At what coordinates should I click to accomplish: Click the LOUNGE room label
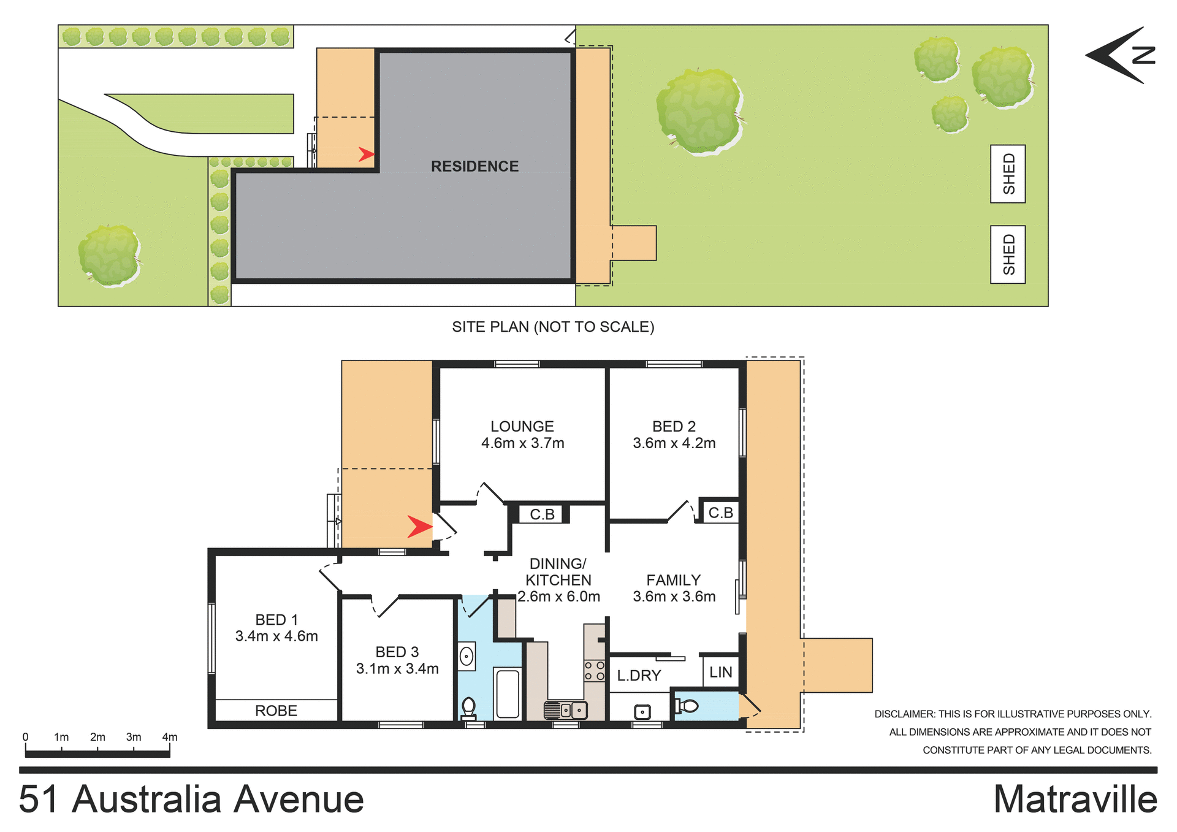(x=522, y=426)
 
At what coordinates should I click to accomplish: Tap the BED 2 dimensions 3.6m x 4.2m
(x=674, y=443)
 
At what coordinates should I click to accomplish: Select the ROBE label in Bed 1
(x=276, y=711)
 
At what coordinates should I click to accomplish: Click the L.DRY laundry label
(x=639, y=676)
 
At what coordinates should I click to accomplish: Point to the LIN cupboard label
(x=720, y=673)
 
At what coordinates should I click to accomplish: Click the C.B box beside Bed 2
(x=720, y=513)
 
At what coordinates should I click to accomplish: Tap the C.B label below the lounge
(x=542, y=514)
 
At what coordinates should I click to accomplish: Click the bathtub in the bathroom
(x=508, y=693)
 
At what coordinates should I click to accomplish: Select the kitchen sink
(x=566, y=710)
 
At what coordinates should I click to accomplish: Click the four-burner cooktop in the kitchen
(x=594, y=671)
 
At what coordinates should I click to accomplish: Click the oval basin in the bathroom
(x=467, y=657)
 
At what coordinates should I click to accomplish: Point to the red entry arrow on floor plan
(x=420, y=526)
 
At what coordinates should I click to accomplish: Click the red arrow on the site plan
(x=366, y=154)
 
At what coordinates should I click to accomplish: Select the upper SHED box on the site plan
(x=1008, y=174)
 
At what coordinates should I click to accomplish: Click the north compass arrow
(x=1119, y=55)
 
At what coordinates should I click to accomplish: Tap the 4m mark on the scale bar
(x=170, y=738)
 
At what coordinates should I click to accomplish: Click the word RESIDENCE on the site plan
(x=474, y=166)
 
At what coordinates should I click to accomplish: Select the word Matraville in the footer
(x=1075, y=800)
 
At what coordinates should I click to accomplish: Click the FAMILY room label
(x=673, y=580)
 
